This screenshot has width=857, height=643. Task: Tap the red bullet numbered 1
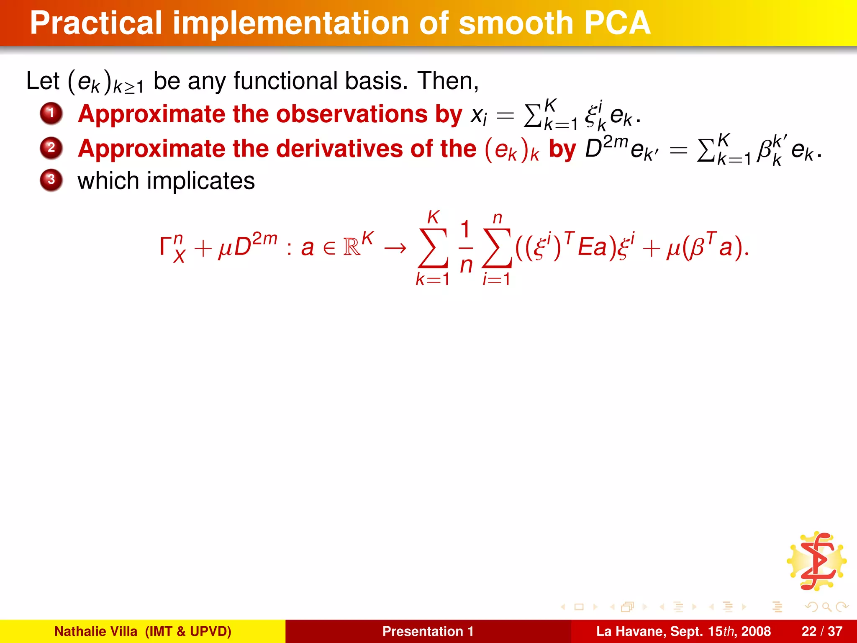click(51, 113)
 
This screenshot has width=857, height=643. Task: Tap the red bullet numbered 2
click(51, 148)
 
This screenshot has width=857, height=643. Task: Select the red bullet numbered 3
click(51, 180)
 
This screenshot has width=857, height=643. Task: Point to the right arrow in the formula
click(395, 248)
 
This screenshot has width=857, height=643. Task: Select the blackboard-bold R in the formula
click(352, 247)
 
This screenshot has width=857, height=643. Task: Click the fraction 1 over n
click(466, 247)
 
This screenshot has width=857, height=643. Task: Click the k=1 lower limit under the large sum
click(433, 279)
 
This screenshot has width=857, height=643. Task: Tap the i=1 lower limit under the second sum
click(496, 279)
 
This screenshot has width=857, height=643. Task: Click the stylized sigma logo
click(816, 561)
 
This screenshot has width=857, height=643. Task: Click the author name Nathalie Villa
click(95, 631)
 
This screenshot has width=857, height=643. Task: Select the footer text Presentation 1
click(428, 631)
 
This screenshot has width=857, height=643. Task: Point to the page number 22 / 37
click(822, 631)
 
